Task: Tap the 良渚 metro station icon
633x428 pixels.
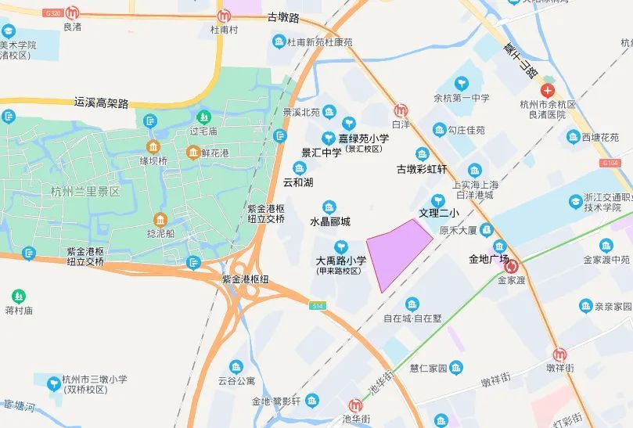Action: [73, 13]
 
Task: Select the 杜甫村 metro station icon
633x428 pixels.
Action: [224, 15]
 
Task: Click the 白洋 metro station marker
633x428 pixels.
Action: [401, 110]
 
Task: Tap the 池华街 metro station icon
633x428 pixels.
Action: [355, 406]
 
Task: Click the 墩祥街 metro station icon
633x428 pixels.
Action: [560, 354]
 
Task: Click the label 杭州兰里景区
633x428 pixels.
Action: [85, 191]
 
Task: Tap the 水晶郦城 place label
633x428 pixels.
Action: [330, 221]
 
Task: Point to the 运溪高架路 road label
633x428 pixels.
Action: [101, 103]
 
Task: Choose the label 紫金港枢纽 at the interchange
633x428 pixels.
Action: [246, 279]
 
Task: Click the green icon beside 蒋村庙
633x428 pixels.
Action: [18, 296]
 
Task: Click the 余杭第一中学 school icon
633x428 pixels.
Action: [462, 82]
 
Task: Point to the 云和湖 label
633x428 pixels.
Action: [298, 182]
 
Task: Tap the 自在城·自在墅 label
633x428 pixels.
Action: [412, 318]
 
